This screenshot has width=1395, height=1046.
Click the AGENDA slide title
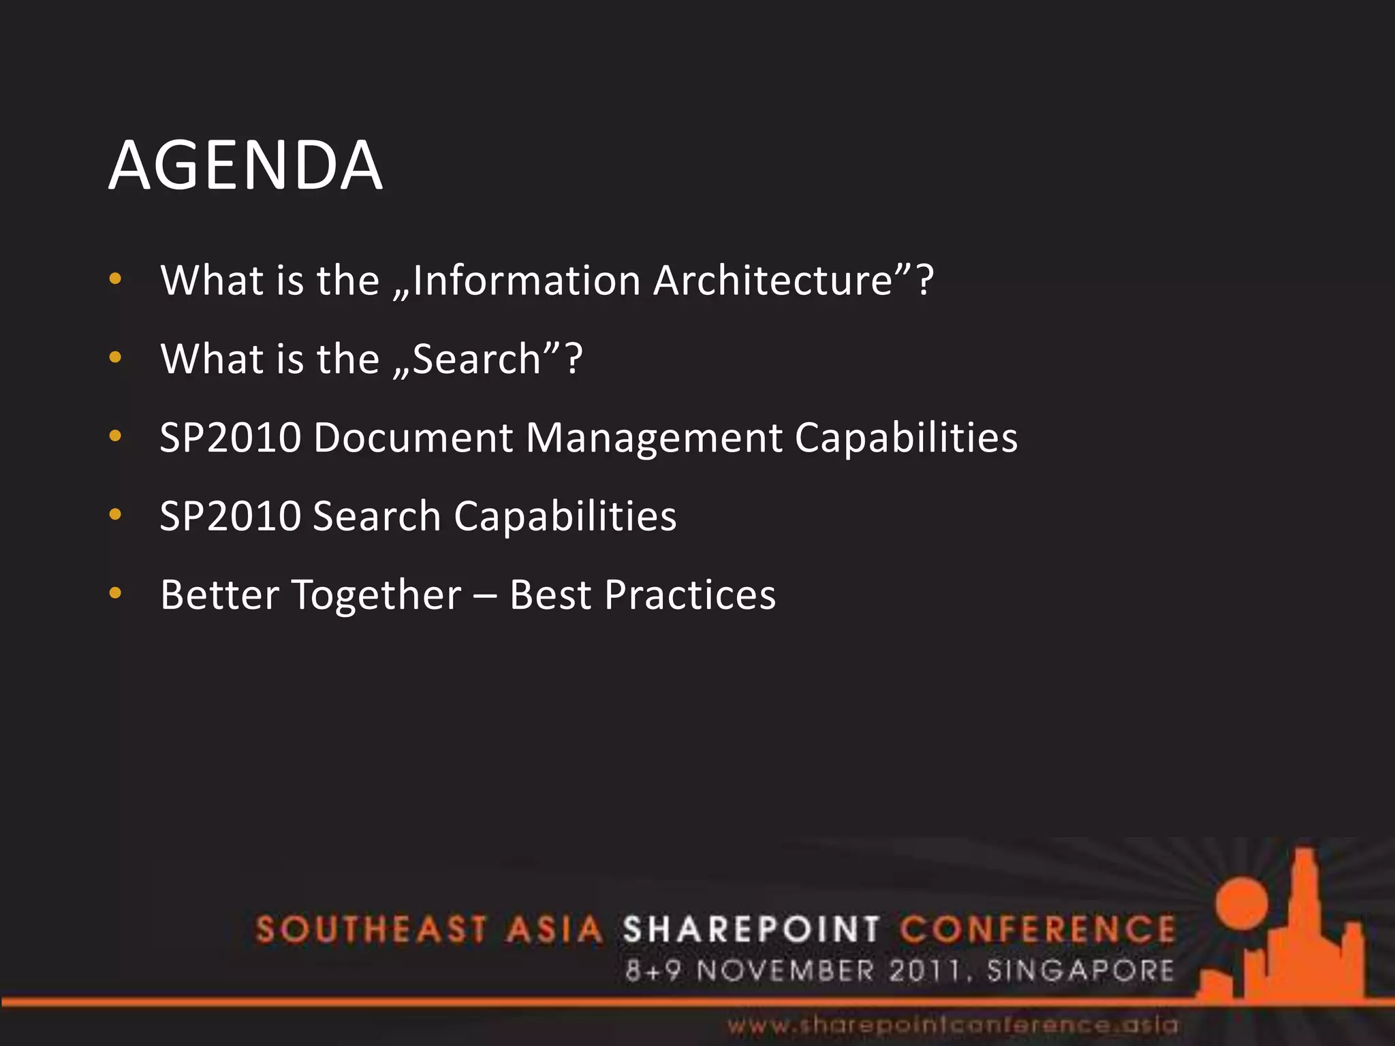pos(245,165)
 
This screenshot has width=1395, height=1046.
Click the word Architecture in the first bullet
pos(772,281)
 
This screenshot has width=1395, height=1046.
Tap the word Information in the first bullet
pos(526,281)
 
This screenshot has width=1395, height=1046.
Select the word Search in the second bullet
pos(476,359)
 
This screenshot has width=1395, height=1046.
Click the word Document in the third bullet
pos(413,437)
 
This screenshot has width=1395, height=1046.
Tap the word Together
pos(377,595)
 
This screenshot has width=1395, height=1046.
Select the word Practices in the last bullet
pos(690,595)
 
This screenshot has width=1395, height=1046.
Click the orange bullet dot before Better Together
pos(115,593)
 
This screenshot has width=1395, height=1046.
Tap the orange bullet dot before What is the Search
pos(115,357)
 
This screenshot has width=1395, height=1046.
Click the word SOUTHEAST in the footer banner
pos(371,930)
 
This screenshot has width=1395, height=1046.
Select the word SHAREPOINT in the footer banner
pos(751,930)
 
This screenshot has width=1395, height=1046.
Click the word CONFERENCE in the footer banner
pos(1037,930)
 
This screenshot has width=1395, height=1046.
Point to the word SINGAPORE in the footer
pos(1080,970)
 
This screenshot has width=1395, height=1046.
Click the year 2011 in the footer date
pos(926,970)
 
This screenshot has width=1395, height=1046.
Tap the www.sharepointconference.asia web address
pos(952,1025)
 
